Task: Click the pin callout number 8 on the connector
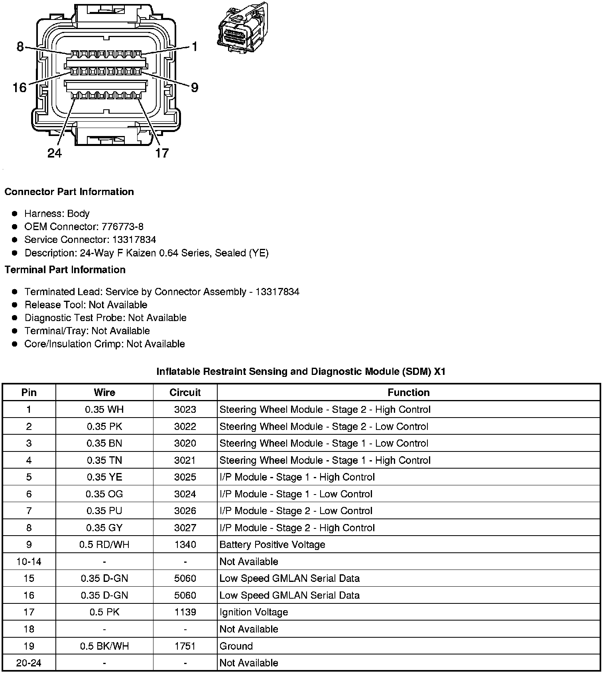pos(20,47)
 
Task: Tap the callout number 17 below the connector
pos(162,153)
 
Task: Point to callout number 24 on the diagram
pos(55,153)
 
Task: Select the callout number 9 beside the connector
pos(194,87)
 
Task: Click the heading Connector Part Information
pos(69,192)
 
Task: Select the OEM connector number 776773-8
pos(122,227)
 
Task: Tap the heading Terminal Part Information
pos(65,270)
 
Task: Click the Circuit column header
pos(185,392)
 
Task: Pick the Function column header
pos(409,392)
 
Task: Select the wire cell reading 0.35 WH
pos(104,410)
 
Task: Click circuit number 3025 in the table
pos(185,477)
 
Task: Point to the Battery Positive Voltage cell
pos(272,545)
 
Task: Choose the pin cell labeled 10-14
pos(29,562)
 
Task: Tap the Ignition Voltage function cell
pos(254,612)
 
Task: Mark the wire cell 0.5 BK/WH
pos(104,646)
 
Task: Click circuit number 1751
pos(185,646)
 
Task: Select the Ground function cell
pos(236,646)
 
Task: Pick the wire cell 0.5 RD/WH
pos(104,545)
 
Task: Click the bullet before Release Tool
pos(15,305)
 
